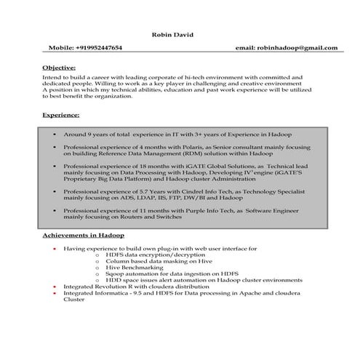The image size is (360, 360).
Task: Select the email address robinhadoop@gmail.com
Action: coord(297,48)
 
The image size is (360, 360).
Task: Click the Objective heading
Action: coord(59,68)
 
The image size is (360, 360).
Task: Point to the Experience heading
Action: coord(61,116)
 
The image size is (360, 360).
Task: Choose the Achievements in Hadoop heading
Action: coord(83,236)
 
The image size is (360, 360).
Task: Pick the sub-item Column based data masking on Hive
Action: coord(153,261)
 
